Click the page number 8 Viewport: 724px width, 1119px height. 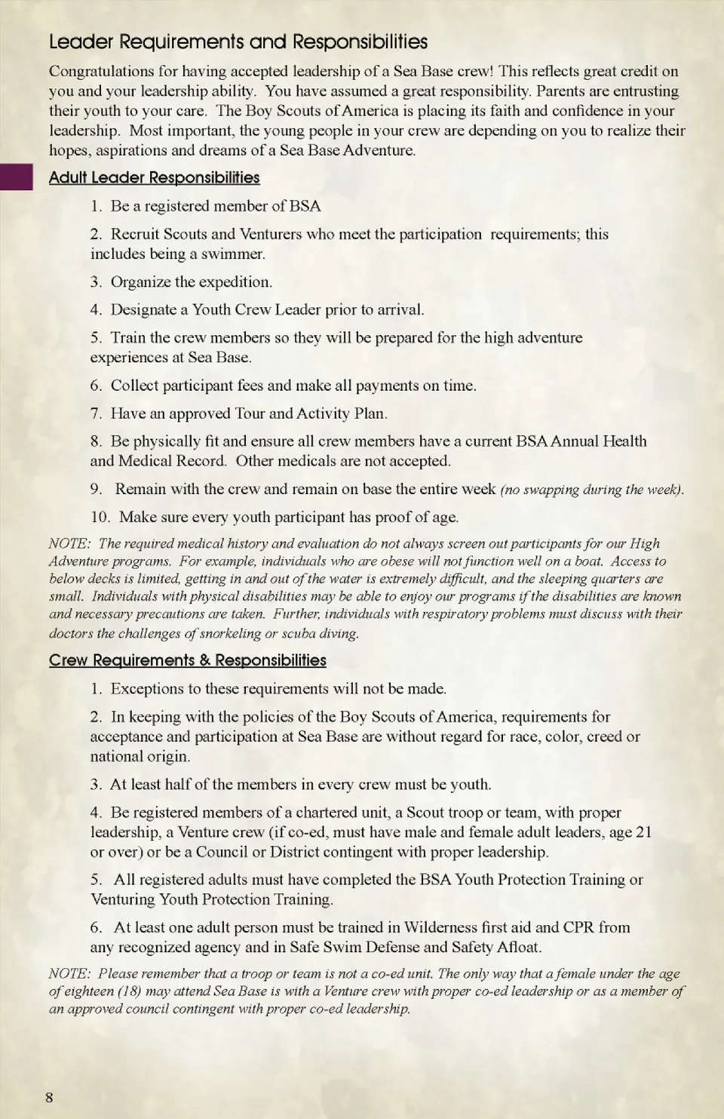point(50,1097)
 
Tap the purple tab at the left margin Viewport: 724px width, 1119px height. point(16,177)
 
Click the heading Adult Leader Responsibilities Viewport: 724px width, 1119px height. point(154,178)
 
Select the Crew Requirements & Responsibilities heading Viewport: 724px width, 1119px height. point(187,660)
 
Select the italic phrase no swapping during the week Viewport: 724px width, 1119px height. point(591,490)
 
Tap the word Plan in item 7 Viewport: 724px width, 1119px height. point(370,413)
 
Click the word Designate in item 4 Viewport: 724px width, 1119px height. point(143,310)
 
